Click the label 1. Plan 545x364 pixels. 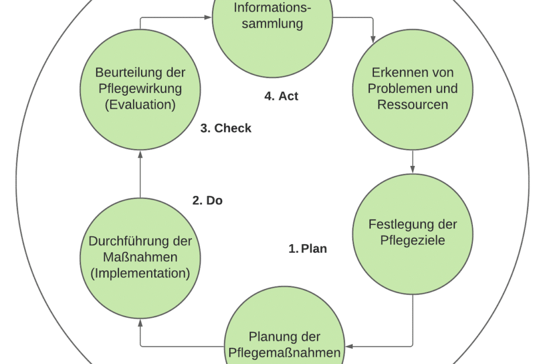click(308, 249)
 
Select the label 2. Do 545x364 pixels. click(207, 201)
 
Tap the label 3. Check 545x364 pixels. click(226, 129)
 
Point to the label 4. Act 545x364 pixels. click(281, 96)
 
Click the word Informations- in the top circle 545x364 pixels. click(272, 8)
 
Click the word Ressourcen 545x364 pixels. click(413, 105)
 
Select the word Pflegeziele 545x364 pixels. click(413, 241)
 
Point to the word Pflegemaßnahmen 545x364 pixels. click(285, 353)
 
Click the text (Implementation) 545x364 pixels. click(140, 273)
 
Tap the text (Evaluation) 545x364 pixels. click(140, 105)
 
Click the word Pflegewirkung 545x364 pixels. click(140, 89)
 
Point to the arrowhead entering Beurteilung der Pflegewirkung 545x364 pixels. click(141, 154)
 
